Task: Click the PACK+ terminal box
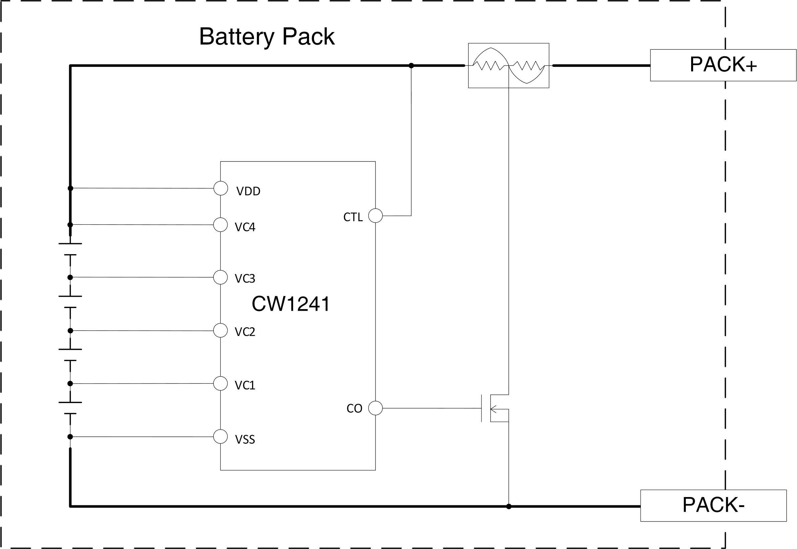coord(723,66)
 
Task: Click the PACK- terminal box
coord(713,506)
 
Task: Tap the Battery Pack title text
coord(267,36)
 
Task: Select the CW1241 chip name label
coord(291,304)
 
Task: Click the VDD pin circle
coord(221,188)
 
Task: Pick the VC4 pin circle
coord(220,225)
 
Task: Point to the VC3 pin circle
coord(220,277)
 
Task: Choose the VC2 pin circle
coord(220,331)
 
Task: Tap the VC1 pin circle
coord(220,384)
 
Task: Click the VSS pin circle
coord(220,436)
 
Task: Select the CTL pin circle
coord(376,216)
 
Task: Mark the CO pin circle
coord(376,408)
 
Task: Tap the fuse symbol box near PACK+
coord(509,66)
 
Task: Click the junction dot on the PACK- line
coord(509,506)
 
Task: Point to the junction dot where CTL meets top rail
coord(411,66)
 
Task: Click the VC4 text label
coord(245,227)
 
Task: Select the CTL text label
coord(353,217)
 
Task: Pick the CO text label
coord(354,409)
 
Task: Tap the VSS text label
coord(245,439)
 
